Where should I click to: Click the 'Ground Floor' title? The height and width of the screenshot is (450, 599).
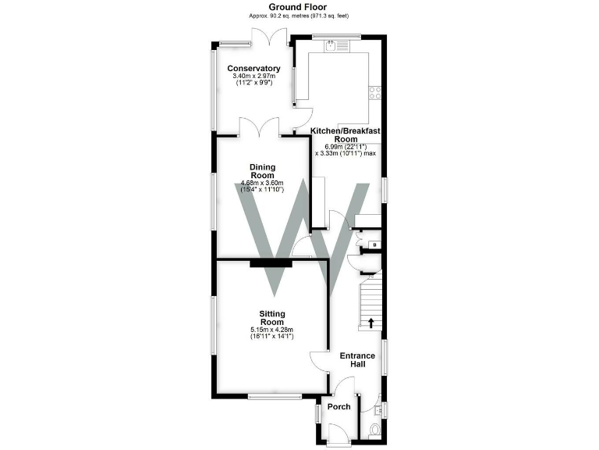click(x=299, y=6)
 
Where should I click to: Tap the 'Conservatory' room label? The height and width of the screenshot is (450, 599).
click(x=253, y=69)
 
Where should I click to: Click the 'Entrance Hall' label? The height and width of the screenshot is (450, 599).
click(x=358, y=361)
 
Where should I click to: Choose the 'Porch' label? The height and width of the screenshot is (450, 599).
click(x=339, y=407)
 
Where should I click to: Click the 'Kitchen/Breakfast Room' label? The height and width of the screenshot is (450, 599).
click(x=346, y=135)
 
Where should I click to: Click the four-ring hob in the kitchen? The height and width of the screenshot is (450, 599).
click(x=375, y=92)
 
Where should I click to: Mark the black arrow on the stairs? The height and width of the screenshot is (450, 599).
click(x=370, y=322)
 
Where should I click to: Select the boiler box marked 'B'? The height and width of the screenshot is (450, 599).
click(x=375, y=245)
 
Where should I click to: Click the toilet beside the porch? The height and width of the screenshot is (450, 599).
click(x=374, y=429)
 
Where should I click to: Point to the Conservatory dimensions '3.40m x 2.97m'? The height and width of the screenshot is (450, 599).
click(x=253, y=76)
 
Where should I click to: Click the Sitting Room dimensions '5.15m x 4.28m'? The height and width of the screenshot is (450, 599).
click(x=271, y=330)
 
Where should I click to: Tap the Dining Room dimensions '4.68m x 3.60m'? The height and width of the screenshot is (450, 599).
click(x=261, y=184)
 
